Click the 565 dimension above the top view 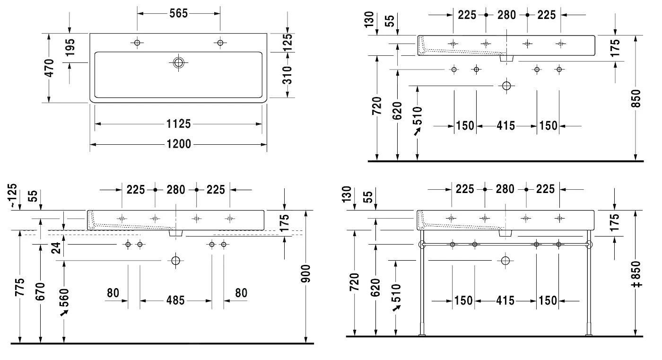179,13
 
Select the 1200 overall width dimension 179,144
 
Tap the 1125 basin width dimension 179,124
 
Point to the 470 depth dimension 49,68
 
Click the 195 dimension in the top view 70,47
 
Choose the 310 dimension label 287,75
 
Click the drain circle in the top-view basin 179,62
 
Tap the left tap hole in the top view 137,43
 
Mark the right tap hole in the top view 220,43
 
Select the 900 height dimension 306,274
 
